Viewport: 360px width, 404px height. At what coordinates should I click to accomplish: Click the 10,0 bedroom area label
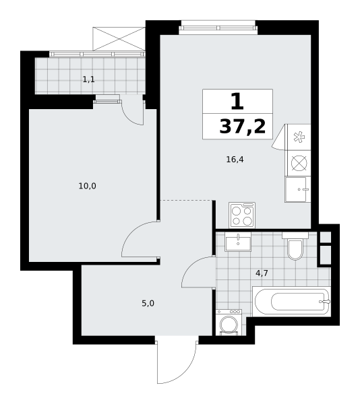[88, 186]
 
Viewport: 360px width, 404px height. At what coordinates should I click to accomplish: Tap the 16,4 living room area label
[235, 160]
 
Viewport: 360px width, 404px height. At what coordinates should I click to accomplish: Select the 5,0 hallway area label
[148, 303]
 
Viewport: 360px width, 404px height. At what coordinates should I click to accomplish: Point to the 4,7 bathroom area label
[262, 273]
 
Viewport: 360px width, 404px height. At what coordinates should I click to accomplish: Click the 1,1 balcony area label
[89, 79]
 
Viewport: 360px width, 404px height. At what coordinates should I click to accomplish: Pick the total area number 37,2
[243, 127]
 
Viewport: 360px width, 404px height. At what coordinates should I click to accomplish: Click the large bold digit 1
[237, 101]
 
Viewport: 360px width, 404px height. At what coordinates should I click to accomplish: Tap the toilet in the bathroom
[295, 246]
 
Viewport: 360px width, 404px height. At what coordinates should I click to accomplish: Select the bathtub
[291, 301]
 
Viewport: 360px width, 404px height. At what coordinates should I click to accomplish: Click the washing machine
[229, 323]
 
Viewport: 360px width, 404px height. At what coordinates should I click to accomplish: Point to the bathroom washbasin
[238, 242]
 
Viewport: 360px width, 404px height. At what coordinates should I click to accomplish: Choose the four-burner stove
[242, 215]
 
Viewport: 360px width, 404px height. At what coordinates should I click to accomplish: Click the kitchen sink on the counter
[297, 189]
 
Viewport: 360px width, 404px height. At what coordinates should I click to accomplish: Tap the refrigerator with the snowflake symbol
[298, 137]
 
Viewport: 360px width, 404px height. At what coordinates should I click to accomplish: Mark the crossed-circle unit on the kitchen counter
[299, 164]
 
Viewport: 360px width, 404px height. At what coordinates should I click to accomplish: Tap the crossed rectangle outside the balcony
[119, 38]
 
